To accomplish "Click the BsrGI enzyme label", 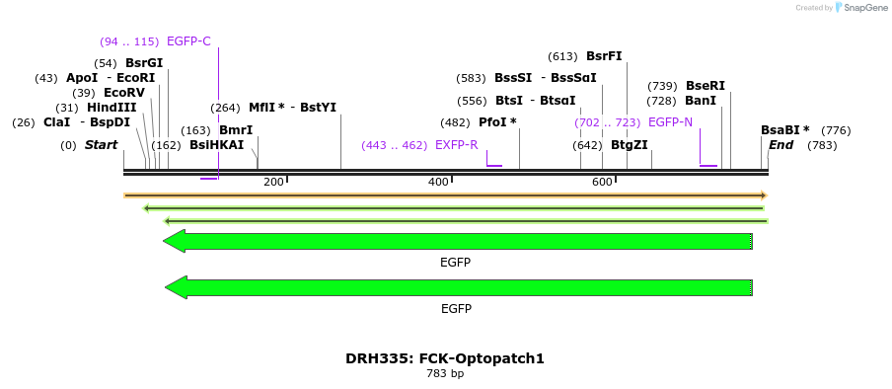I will click(x=144, y=63).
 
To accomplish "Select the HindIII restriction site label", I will click(x=111, y=108).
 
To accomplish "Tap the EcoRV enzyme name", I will click(x=124, y=93).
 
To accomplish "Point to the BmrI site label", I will click(x=236, y=130).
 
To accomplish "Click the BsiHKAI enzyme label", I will click(x=216, y=145).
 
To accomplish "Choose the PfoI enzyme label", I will click(x=497, y=122).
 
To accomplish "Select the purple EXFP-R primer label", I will click(x=456, y=145).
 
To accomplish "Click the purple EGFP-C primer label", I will click(x=188, y=41).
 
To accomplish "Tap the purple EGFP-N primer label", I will click(x=670, y=122).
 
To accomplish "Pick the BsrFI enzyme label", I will click(x=604, y=56).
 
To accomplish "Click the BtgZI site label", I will click(x=629, y=145).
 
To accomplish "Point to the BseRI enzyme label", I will click(x=705, y=86).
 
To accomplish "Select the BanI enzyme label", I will click(x=701, y=101).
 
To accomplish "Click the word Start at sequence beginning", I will click(x=101, y=145).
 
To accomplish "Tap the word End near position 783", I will click(x=780, y=145).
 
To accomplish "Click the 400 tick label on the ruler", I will click(x=438, y=182).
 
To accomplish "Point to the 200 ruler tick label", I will click(x=273, y=182).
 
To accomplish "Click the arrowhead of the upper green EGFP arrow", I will click(x=174, y=242).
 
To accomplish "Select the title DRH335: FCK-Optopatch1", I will click(x=444, y=358).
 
